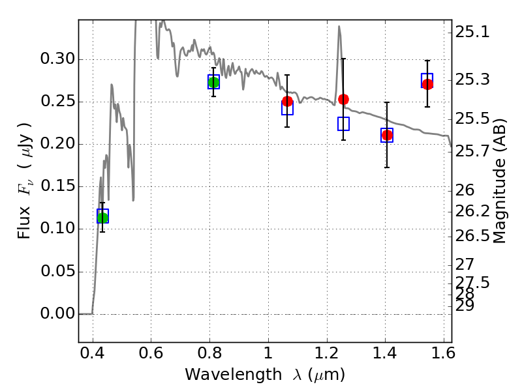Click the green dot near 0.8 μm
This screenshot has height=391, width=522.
pyautogui.click(x=213, y=82)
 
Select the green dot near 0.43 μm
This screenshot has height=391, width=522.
pyautogui.click(x=102, y=218)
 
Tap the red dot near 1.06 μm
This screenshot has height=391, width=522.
pyautogui.click(x=287, y=102)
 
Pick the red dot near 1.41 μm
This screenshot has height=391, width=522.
pyautogui.click(x=387, y=136)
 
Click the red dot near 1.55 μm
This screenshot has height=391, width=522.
pyautogui.click(x=427, y=84)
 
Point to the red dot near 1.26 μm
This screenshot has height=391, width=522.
pyautogui.click(x=343, y=99)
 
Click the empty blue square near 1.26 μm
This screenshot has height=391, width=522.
pyautogui.click(x=343, y=124)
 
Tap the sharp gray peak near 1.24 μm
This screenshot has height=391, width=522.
pyautogui.click(x=339, y=27)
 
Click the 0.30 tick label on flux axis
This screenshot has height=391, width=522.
pyautogui.click(x=57, y=59)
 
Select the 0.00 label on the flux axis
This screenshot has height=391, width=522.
pyautogui.click(x=57, y=313)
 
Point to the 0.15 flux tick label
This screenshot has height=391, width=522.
pyautogui.click(x=57, y=186)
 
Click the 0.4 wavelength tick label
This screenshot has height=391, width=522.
pyautogui.click(x=92, y=353)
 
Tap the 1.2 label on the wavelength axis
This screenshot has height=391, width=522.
pyautogui.click(x=327, y=353)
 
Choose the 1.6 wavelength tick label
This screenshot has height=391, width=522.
pyautogui.click(x=443, y=353)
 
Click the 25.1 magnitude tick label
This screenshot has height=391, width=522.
pyautogui.click(x=472, y=32)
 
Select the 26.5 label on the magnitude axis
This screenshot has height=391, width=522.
pyautogui.click(x=472, y=236)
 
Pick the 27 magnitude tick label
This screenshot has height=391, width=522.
pyautogui.click(x=465, y=265)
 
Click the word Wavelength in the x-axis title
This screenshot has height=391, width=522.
pyautogui.click(x=234, y=375)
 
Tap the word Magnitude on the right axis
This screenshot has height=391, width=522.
pyautogui.click(x=499, y=201)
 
